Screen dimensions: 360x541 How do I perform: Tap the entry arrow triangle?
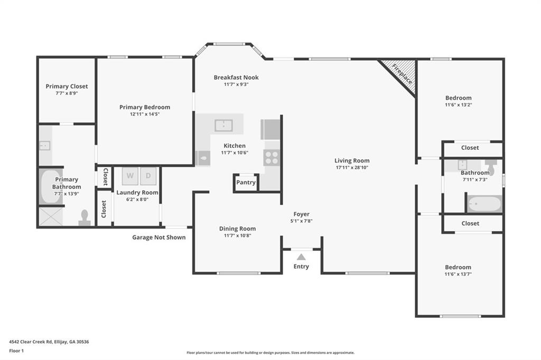pos(301,257)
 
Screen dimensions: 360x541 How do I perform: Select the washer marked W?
pos(130,176)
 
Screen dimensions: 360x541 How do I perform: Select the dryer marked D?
pos(148,176)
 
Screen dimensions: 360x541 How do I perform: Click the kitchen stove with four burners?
pos(272,157)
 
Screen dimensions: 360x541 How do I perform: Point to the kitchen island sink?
pos(224,125)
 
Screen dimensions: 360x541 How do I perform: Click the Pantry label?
pos(246,183)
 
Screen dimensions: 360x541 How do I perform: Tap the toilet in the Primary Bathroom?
pos(84,217)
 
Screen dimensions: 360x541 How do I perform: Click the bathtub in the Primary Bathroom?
pos(50,186)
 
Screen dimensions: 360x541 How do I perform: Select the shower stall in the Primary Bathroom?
pos(50,216)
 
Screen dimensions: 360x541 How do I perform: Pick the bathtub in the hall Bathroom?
pos(484,204)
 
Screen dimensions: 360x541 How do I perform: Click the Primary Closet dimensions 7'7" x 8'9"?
pos(67,93)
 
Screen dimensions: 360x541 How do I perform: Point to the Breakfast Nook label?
pos(236,78)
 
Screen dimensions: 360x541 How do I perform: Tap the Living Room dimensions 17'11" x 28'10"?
pos(352,167)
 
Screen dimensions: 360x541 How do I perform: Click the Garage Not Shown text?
pos(158,238)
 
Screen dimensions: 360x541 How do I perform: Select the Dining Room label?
pos(237,229)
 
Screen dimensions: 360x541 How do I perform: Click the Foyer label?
pos(301,214)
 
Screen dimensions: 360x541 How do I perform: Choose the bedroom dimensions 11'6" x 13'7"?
pos(458,274)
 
